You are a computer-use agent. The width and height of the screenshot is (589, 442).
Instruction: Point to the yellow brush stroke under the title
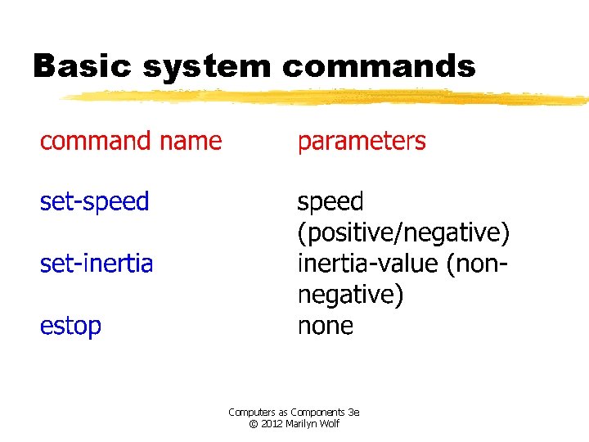(327, 97)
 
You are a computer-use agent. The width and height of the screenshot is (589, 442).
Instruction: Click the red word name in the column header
(191, 142)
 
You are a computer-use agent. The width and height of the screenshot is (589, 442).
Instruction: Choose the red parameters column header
(361, 142)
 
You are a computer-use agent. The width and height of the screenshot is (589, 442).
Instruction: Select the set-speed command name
(94, 202)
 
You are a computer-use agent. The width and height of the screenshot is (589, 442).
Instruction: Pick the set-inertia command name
(96, 264)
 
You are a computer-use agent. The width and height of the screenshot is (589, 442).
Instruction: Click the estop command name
(70, 326)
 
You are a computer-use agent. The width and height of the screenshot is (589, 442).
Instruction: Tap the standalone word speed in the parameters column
(330, 202)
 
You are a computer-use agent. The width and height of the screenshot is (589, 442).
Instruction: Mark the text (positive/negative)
(403, 233)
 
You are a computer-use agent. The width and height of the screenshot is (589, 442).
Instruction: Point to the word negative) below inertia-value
(350, 295)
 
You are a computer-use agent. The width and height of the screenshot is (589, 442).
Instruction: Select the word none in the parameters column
(325, 326)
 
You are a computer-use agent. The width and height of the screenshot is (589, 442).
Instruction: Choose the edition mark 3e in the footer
(353, 413)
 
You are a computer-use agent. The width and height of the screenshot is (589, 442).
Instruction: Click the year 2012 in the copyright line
(273, 424)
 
